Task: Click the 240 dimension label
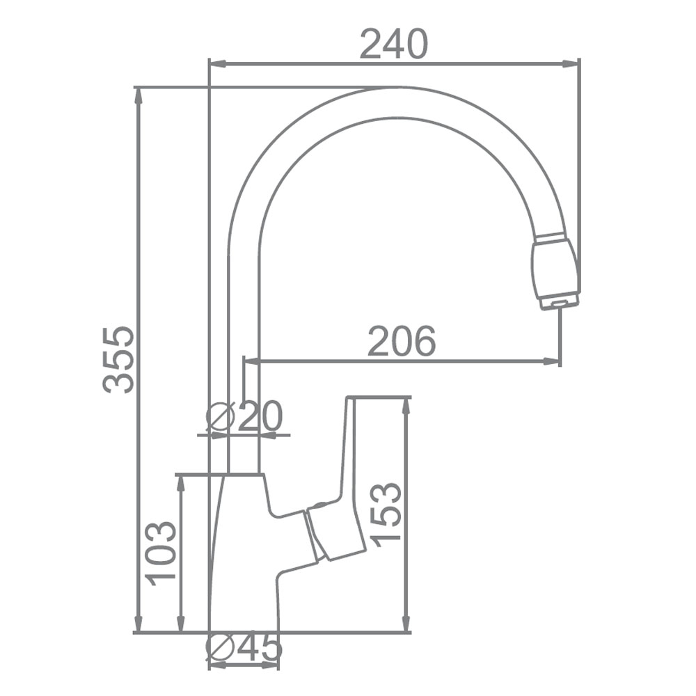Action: click(x=393, y=44)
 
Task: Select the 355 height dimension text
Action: click(x=118, y=360)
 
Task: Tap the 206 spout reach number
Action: click(x=402, y=341)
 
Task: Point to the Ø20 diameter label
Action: click(x=244, y=417)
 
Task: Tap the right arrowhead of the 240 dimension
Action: click(x=571, y=64)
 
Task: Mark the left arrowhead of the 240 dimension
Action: click(x=217, y=64)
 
